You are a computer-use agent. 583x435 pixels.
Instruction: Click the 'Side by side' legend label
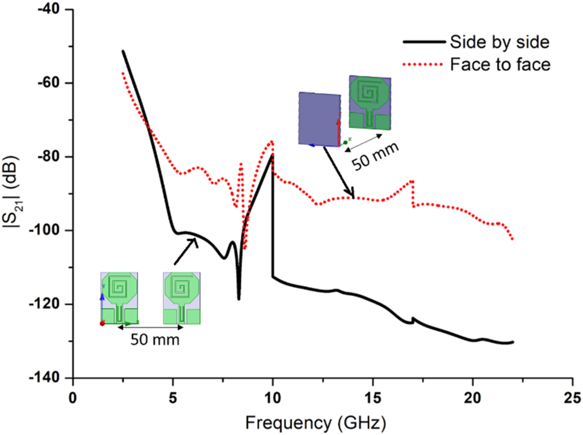click(499, 42)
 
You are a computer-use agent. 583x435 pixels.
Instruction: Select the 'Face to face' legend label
click(500, 65)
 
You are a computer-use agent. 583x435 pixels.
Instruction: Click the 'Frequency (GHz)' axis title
click(316, 423)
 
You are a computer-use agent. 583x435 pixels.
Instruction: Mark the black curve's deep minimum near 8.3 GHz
click(239, 298)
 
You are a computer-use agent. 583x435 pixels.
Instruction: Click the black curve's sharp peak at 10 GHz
click(272, 155)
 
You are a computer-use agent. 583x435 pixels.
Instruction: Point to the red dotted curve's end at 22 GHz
click(513, 239)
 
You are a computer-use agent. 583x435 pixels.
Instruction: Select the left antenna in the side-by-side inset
click(119, 298)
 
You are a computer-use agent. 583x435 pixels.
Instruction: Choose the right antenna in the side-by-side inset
click(182, 298)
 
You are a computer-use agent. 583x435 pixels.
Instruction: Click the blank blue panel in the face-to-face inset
click(319, 119)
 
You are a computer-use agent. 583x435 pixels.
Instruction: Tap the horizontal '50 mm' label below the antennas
click(155, 340)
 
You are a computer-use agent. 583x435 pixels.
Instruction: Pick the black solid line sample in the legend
click(424, 42)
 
